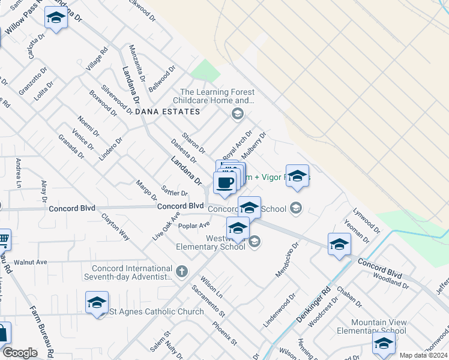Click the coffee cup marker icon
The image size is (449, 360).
pos(224,183)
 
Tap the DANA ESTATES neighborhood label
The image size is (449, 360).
pos(167,112)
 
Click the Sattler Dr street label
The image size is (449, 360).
pos(175,192)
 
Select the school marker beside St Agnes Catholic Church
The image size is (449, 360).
pos(97,304)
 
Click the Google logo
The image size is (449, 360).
pos(20,352)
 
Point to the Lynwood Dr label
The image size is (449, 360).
pos(367,220)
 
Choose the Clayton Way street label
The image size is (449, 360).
pos(115,226)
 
